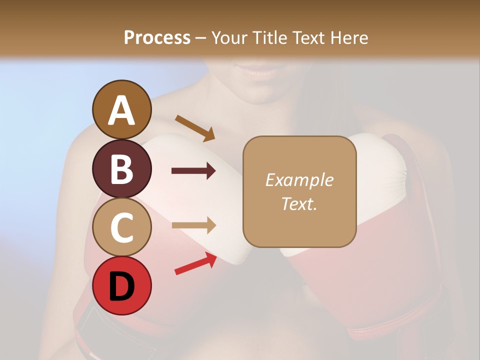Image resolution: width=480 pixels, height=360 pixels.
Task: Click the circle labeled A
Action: (121, 109)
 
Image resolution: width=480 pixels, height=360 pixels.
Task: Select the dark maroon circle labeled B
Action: (121, 168)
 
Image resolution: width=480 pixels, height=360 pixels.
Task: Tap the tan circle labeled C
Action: (121, 227)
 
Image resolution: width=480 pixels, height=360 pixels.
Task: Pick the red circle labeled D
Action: (121, 285)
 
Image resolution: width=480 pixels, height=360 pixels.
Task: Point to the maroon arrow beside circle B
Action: (193, 171)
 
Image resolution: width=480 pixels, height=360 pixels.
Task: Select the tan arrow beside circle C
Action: (193, 225)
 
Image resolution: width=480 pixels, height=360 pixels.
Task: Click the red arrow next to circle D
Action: (195, 263)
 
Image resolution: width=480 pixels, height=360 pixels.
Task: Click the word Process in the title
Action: (157, 38)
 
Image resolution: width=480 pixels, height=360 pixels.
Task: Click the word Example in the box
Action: (299, 180)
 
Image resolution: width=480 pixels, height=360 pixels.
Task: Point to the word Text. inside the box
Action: (299, 204)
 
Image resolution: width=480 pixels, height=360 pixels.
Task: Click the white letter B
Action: (121, 168)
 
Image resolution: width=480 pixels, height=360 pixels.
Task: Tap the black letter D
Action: (121, 286)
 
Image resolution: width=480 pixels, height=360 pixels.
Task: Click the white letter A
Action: (121, 110)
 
